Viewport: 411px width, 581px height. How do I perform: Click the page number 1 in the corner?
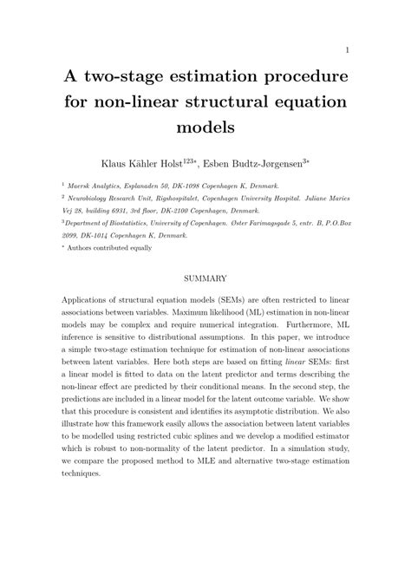[347, 49]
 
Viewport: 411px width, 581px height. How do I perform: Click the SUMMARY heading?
[205, 278]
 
